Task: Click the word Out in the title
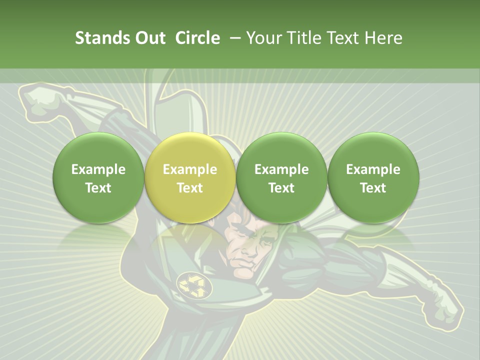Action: coord(148,38)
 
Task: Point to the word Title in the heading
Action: coord(303,38)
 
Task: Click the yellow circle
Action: coord(190,177)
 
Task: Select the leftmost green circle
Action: coord(98,177)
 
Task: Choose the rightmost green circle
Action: coord(373,177)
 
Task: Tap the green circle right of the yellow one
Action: coord(281,177)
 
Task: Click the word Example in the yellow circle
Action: coord(190,169)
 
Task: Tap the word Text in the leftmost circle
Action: coord(98,188)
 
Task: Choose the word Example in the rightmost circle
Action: coord(373,169)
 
